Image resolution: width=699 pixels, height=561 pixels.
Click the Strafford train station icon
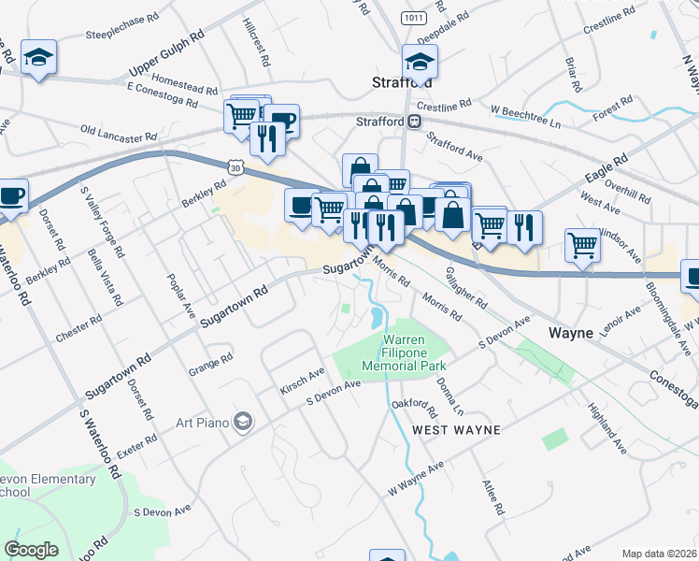point(413,121)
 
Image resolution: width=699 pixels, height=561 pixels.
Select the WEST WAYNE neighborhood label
point(457,429)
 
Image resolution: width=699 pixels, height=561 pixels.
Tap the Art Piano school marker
point(244,423)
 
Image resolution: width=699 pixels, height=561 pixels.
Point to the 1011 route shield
point(412,18)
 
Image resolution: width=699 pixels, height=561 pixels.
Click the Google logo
point(31,550)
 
